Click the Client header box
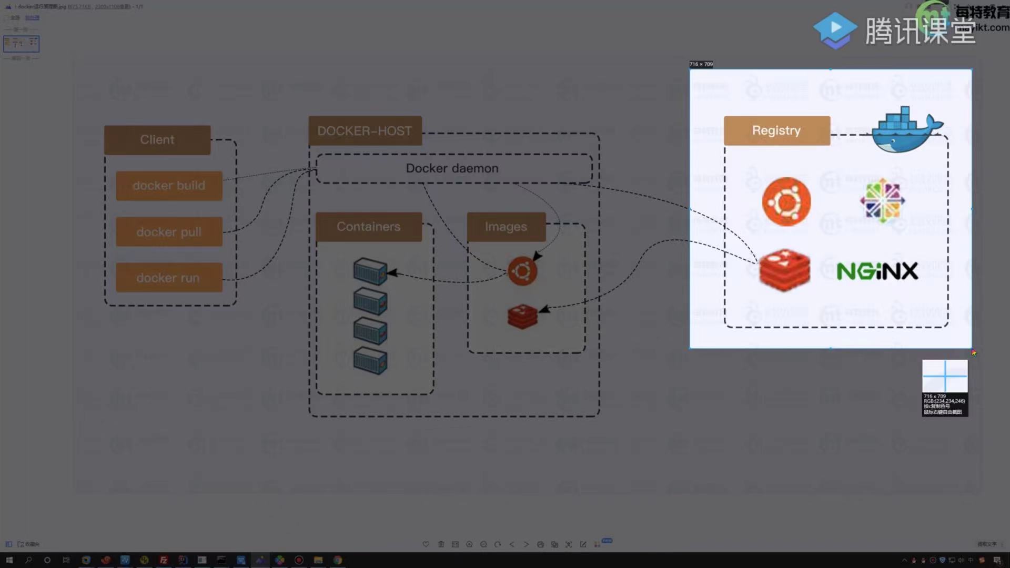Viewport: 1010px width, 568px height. (157, 140)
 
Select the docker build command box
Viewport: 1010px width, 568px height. (169, 186)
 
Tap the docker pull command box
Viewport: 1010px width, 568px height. (169, 232)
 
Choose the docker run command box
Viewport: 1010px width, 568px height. (169, 278)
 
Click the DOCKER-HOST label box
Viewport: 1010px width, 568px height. (365, 131)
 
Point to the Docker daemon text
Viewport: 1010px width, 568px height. (452, 168)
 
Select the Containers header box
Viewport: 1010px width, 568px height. (368, 227)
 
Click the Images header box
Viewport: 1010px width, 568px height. (506, 227)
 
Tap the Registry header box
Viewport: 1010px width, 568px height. (776, 130)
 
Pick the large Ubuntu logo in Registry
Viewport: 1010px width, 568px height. (786, 202)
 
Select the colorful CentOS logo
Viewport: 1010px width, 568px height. (882, 200)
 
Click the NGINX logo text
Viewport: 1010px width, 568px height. (877, 271)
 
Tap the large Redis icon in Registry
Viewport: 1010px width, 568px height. (785, 270)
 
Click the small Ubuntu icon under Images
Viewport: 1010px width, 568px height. (522, 271)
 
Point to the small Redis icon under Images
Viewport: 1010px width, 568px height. (522, 316)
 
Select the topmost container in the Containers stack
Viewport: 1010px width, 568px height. (370, 271)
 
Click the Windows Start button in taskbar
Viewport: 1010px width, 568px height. (9, 560)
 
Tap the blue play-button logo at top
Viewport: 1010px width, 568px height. (835, 29)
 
